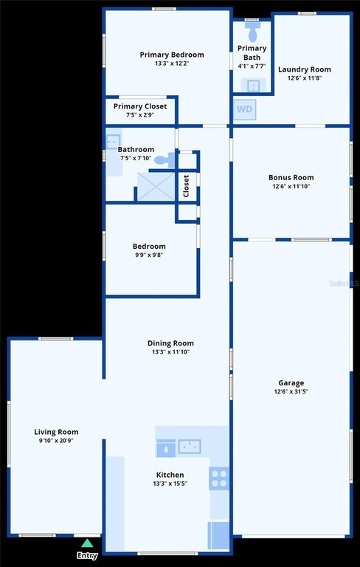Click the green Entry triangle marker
click(x=86, y=543)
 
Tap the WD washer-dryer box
click(x=245, y=109)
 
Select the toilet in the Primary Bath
click(x=252, y=31)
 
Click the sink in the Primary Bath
click(x=253, y=86)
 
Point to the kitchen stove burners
click(x=219, y=478)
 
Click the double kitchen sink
click(x=190, y=446)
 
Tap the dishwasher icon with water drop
click(x=166, y=448)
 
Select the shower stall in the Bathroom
click(x=156, y=186)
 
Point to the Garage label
click(x=291, y=383)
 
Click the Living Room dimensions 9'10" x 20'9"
click(x=56, y=441)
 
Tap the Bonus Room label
click(x=291, y=177)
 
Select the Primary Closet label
click(x=140, y=106)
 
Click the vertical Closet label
click(x=186, y=186)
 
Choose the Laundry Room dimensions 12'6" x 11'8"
click(x=305, y=78)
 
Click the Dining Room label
click(x=170, y=343)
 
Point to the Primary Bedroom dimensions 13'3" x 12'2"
click(x=172, y=63)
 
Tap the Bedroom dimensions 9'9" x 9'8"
click(x=149, y=255)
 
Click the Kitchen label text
click(x=170, y=475)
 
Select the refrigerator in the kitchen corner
click(x=218, y=535)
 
